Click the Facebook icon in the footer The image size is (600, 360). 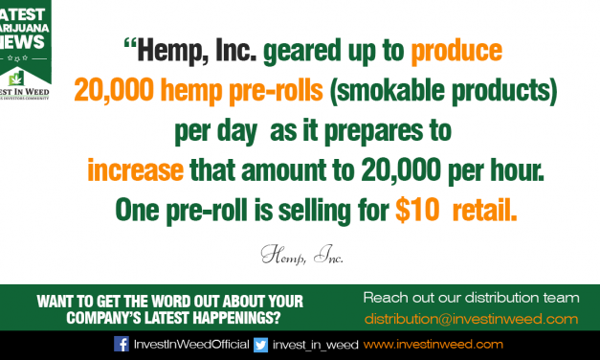point(122,344)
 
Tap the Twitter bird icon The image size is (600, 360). point(260,344)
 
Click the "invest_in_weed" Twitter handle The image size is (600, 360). point(313,344)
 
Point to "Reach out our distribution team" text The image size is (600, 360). point(471,296)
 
